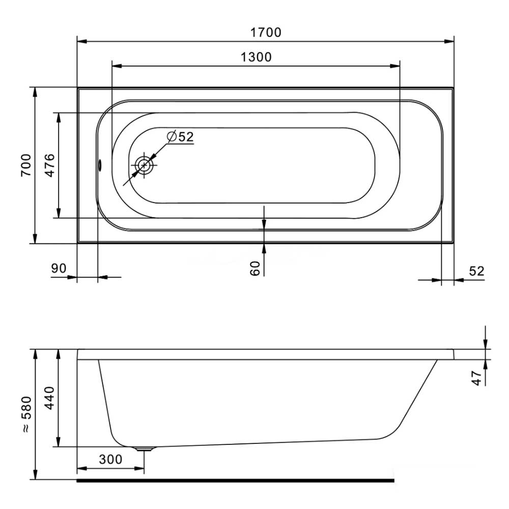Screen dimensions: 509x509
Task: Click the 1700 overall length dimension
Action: pos(266,33)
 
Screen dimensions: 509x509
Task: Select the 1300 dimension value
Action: pos(256,57)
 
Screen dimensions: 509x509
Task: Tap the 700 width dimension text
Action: pos(26,165)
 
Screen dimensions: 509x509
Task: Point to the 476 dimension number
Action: pos(49,165)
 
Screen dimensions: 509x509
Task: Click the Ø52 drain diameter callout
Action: pos(180,136)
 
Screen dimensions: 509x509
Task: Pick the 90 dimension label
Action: pos(59,268)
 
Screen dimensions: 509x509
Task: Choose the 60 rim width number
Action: pos(256,268)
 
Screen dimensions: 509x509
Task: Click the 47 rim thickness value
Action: pos(476,378)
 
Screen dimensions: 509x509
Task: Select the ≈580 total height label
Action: pos(26,414)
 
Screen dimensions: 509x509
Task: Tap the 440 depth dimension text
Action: pos(49,398)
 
